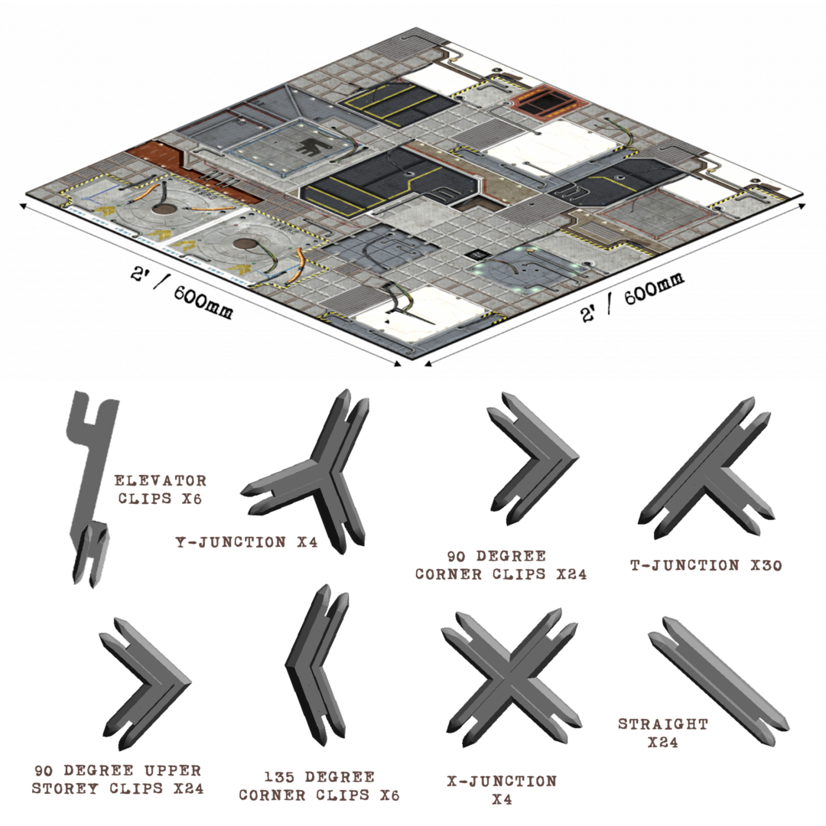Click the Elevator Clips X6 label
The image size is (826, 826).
coord(160,489)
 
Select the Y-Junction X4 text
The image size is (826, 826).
coord(246,542)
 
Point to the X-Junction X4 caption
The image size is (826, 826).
coord(502,790)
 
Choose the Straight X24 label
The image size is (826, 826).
coord(662,732)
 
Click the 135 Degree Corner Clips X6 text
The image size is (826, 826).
coord(318,785)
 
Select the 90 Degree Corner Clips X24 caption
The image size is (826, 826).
coord(501,564)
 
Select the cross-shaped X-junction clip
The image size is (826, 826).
coord(509,673)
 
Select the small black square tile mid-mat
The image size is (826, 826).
coord(476,255)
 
